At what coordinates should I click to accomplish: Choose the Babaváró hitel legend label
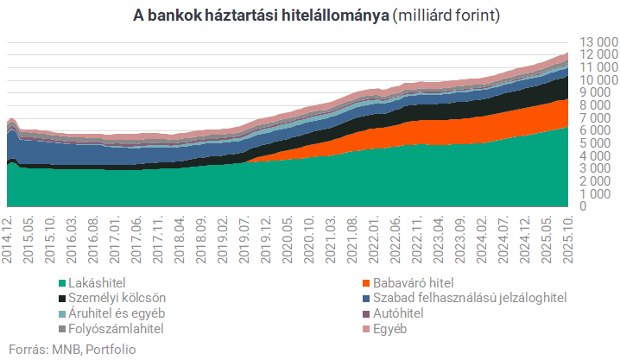point(411,282)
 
